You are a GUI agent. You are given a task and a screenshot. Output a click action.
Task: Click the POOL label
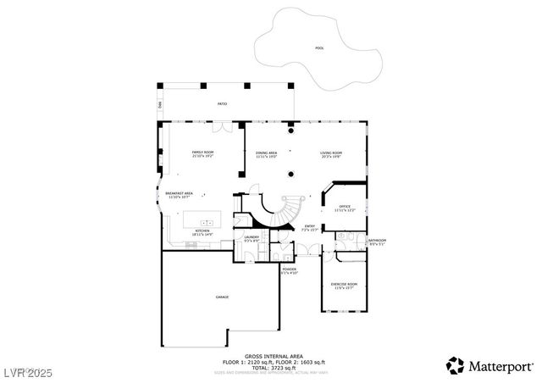[x=319, y=48]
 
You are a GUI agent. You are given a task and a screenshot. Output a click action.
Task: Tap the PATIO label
[x=222, y=103]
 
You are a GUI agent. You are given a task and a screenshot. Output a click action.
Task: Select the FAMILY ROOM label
[x=203, y=153]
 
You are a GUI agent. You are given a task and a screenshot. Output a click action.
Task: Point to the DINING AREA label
[x=267, y=153]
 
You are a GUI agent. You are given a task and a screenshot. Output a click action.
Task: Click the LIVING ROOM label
[x=331, y=153]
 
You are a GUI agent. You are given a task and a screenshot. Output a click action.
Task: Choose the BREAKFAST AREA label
[x=179, y=193]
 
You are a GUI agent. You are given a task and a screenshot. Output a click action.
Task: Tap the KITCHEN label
[x=202, y=231]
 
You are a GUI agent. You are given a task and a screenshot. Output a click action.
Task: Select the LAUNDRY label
[x=252, y=237]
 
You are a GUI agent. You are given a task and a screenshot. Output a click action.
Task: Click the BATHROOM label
[x=377, y=241]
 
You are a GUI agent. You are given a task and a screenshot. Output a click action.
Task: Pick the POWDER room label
[x=289, y=270]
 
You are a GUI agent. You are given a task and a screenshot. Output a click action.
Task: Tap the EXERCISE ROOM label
[x=344, y=284]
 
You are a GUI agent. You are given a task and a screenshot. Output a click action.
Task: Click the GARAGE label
[x=222, y=297]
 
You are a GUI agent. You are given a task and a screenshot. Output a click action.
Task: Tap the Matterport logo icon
[x=455, y=365]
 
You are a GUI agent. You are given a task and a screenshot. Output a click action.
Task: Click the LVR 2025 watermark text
[x=27, y=370]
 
